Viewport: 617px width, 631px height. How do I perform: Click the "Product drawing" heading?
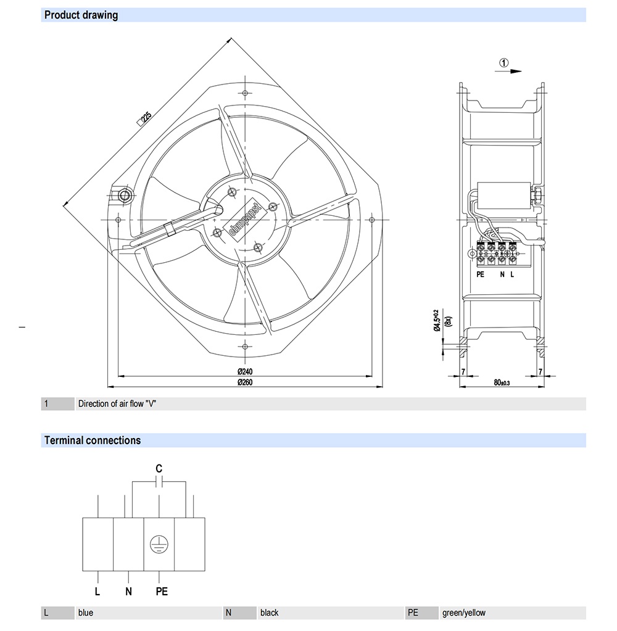click(x=81, y=15)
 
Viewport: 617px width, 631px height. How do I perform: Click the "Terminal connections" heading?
click(x=93, y=440)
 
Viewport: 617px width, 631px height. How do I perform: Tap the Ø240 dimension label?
click(x=245, y=371)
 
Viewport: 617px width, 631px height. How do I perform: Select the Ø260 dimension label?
click(x=245, y=382)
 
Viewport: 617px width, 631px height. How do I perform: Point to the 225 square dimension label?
click(x=144, y=119)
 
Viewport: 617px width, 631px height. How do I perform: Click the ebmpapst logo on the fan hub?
click(x=245, y=220)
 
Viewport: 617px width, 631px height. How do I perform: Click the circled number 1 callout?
click(x=504, y=63)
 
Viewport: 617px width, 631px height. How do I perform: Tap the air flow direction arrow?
click(x=508, y=72)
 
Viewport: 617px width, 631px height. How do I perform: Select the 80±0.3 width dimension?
click(x=502, y=382)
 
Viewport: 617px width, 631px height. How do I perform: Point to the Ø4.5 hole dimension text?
click(x=437, y=320)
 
